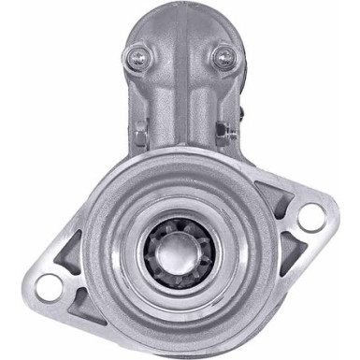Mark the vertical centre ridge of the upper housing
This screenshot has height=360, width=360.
[x=180, y=103]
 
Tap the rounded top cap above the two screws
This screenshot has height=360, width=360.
[x=180, y=23]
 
